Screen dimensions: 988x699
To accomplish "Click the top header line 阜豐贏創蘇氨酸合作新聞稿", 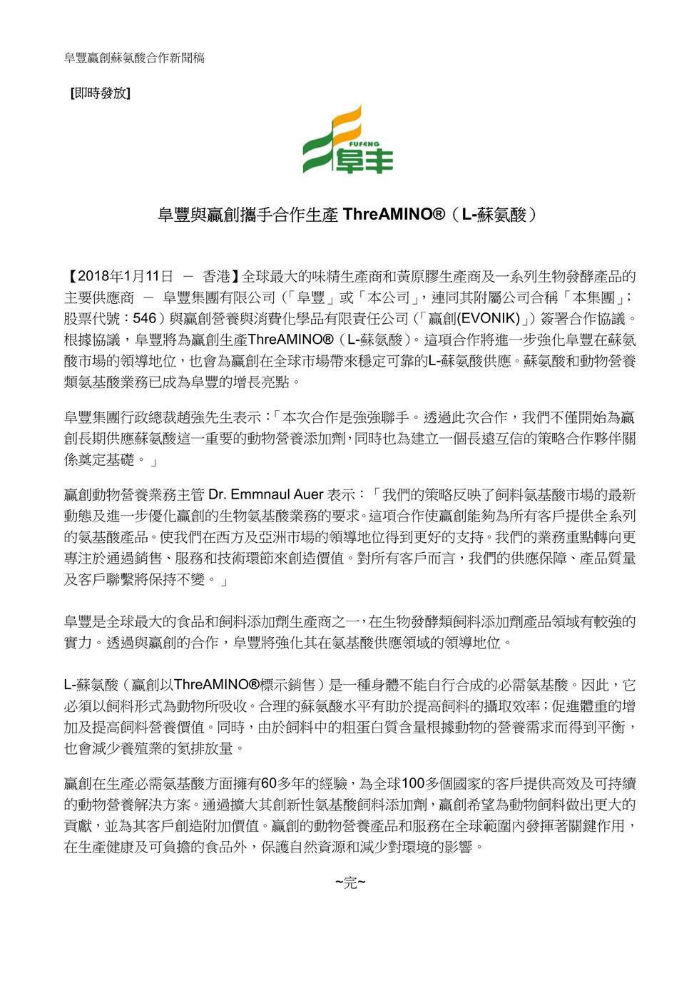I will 134,57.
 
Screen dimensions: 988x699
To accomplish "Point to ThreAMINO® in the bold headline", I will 394,214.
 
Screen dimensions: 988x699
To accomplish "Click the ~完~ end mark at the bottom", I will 349,884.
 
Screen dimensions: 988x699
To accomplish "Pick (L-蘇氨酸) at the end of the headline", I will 499,214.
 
